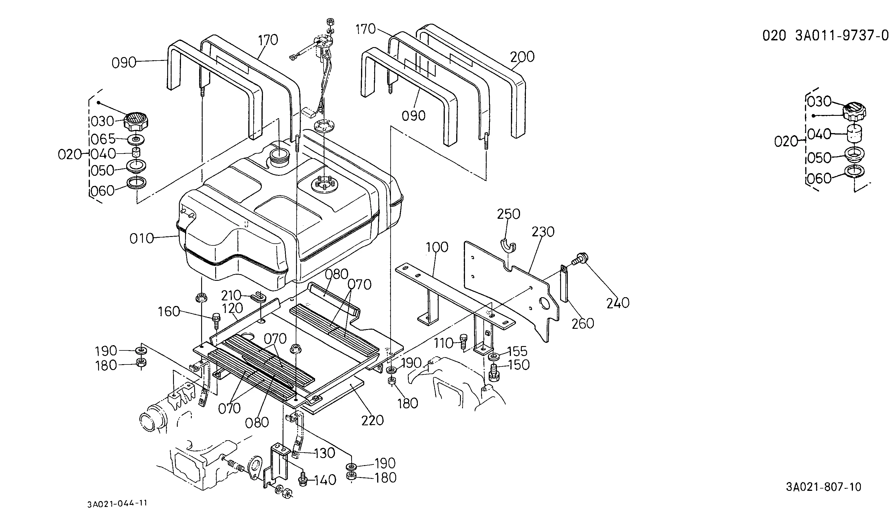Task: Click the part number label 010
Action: [x=141, y=238]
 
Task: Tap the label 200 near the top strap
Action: [x=522, y=57]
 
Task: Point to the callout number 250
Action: [x=509, y=214]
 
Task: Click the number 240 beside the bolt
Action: [x=618, y=303]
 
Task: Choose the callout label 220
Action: [x=373, y=420]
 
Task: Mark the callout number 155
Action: [x=517, y=351]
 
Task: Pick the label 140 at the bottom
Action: [x=325, y=480]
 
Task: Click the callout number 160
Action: [x=169, y=312]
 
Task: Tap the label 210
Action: [x=231, y=295]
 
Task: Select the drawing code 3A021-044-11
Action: [x=117, y=504]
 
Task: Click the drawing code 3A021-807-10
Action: [x=824, y=487]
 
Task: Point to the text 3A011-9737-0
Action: [x=842, y=36]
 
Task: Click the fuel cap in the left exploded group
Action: [x=136, y=121]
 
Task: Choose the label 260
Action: [x=583, y=323]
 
